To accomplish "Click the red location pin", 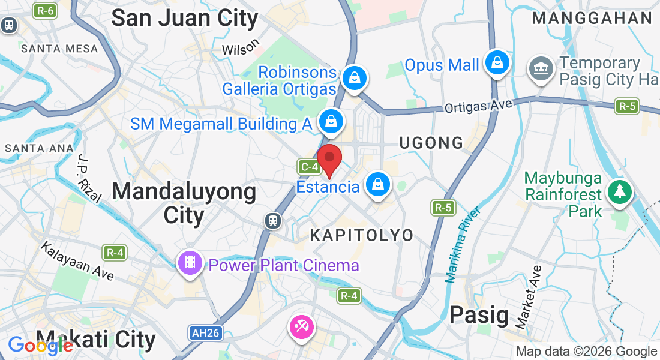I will tap(329, 159).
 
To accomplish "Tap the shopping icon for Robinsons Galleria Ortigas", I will tap(355, 78).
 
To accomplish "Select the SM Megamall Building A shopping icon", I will tap(330, 122).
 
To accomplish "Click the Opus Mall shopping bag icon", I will tap(497, 62).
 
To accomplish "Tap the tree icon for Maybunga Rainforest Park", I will tap(619, 192).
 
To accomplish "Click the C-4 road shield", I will tap(308, 167).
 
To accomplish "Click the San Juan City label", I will tap(185, 18).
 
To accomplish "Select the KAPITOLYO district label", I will tap(362, 235).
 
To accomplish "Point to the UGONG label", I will tap(432, 143).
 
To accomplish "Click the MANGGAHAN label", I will tap(592, 18).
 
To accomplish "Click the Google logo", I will tap(40, 346).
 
